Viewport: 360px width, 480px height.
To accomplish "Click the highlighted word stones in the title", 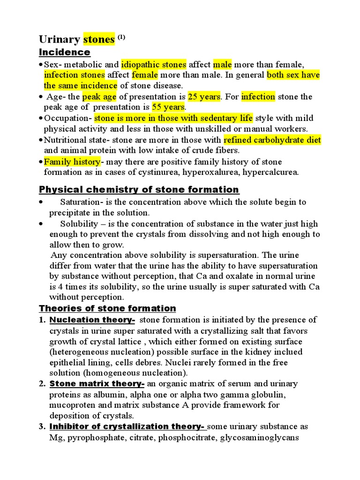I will click(99, 39).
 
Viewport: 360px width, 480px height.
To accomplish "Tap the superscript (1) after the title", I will click(121, 37).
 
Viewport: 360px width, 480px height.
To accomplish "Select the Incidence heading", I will click(64, 52).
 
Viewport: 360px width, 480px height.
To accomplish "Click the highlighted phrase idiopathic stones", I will click(154, 64).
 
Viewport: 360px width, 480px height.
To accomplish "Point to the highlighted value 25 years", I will click(204, 97).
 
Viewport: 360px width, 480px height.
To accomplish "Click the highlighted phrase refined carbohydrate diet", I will click(272, 140).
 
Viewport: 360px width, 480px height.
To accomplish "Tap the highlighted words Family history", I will click(72, 162).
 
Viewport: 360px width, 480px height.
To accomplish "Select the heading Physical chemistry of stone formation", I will click(139, 189).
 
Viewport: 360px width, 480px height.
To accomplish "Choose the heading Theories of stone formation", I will click(107, 308).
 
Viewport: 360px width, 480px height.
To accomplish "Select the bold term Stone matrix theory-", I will click(97, 384).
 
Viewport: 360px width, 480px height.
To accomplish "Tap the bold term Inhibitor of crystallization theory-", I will click(127, 427).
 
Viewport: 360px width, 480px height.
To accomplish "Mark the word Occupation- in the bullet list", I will click(68, 118).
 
